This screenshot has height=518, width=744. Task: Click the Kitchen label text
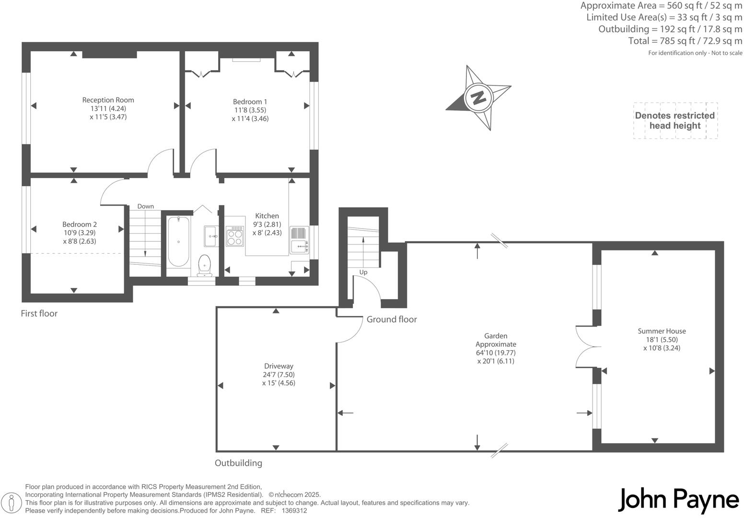point(267,216)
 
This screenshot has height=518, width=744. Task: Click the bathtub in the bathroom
point(178,241)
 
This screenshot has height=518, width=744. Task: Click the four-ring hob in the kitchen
point(234,235)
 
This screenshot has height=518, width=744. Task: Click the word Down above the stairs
point(145,206)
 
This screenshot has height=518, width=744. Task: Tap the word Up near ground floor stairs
point(363,272)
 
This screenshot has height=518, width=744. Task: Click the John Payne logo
point(678,500)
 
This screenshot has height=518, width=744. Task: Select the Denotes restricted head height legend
point(675,120)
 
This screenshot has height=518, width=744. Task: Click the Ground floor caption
point(392,319)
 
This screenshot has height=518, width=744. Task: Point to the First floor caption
point(39,314)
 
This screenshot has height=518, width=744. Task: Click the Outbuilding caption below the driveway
point(238,463)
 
